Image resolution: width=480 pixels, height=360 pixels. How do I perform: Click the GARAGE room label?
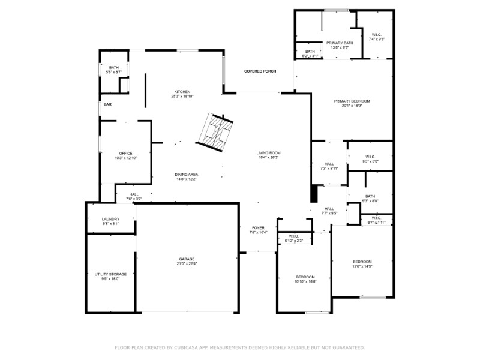[187, 259]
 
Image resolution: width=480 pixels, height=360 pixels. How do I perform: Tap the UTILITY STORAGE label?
[110, 274]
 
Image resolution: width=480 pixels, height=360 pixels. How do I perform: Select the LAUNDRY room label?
[110, 219]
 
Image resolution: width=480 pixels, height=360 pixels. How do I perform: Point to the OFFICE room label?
[125, 153]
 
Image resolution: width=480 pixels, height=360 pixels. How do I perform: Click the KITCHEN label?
[182, 91]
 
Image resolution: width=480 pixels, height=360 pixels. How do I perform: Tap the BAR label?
[107, 104]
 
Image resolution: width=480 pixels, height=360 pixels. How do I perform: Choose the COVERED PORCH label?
[260, 71]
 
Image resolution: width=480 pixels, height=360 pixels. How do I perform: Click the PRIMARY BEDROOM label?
[352, 101]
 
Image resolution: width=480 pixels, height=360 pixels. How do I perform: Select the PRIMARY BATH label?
[340, 43]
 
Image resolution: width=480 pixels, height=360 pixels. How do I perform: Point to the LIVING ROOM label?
[269, 153]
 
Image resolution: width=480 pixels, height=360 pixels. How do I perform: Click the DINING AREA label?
[187, 174]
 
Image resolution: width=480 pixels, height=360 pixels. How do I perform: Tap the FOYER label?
[258, 228]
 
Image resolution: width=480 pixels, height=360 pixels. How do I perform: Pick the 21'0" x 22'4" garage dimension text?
[187, 263]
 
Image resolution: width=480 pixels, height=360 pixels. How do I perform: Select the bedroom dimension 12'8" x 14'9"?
[362, 266]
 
